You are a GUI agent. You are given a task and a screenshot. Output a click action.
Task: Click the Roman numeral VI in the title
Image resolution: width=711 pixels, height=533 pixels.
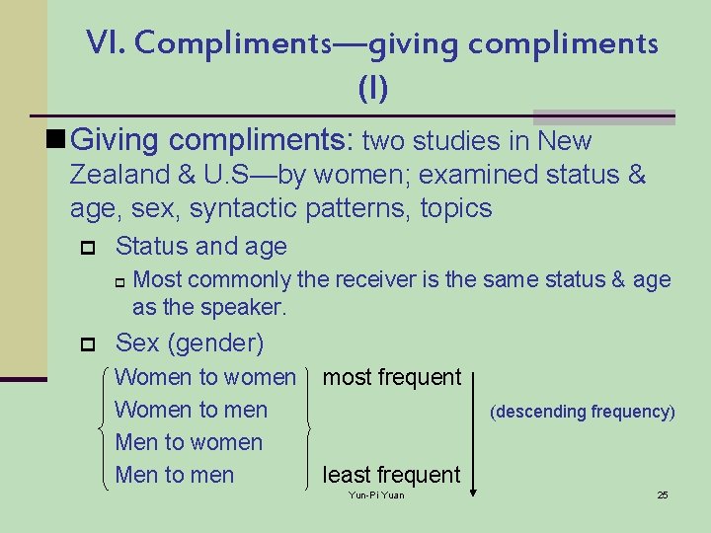(x=103, y=42)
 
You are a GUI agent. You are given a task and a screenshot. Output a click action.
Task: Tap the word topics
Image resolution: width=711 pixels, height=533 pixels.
(x=455, y=208)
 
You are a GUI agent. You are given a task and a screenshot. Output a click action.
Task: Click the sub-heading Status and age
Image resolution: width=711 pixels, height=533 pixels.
(x=200, y=246)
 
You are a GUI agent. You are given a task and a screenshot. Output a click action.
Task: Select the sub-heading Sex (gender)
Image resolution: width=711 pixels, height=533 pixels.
(x=190, y=343)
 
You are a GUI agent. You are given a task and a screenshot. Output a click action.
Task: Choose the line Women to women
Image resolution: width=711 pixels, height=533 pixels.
(x=205, y=377)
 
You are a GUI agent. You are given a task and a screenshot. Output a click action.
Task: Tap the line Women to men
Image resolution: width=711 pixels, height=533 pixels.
(x=191, y=410)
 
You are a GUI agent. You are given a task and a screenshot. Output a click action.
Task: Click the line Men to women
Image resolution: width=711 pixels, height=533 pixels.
(x=189, y=442)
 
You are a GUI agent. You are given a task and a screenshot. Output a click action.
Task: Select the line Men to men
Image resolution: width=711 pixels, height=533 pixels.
(x=174, y=475)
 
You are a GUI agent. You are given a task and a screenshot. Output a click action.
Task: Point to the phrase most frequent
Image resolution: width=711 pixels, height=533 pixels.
(x=392, y=377)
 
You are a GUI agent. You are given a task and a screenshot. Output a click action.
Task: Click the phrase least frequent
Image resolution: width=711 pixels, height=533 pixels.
(x=391, y=475)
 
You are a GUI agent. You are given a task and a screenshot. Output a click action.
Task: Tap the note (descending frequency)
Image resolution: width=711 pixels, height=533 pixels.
(x=583, y=412)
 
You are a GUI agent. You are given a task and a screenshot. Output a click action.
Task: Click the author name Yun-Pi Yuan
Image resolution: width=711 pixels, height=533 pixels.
(x=376, y=495)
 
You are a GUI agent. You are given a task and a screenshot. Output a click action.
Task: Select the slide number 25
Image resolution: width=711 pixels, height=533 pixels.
(x=663, y=495)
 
